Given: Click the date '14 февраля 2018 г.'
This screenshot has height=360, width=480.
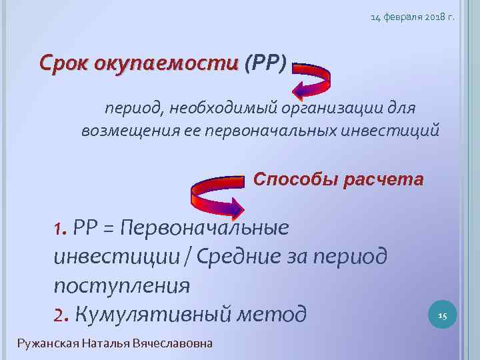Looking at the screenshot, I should (413, 18).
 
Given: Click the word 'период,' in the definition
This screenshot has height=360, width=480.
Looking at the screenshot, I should (131, 108).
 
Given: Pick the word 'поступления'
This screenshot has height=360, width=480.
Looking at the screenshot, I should (121, 285).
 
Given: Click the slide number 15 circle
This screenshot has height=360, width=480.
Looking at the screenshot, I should (441, 315).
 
